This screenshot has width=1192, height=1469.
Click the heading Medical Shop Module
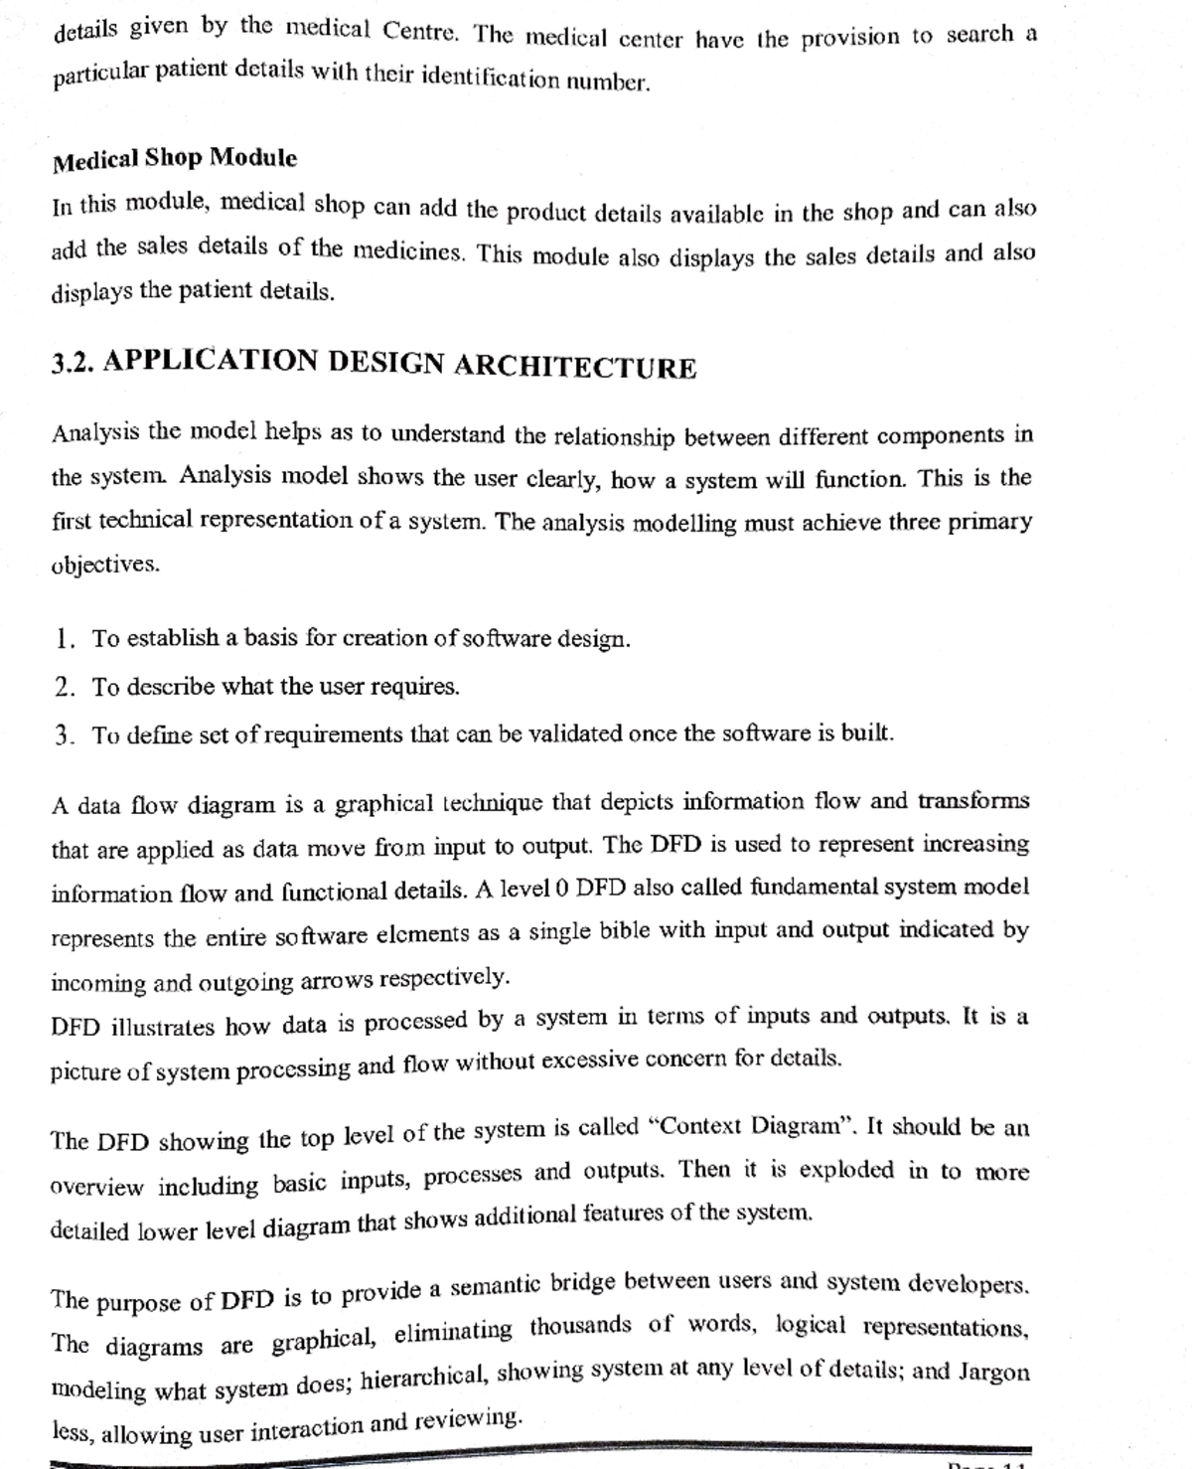click(175, 158)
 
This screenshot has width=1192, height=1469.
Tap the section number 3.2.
click(73, 363)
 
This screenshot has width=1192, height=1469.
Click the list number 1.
click(66, 638)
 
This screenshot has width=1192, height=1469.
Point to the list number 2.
click(66, 687)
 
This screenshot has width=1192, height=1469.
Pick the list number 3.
click(66, 735)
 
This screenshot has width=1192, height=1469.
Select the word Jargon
click(993, 1372)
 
